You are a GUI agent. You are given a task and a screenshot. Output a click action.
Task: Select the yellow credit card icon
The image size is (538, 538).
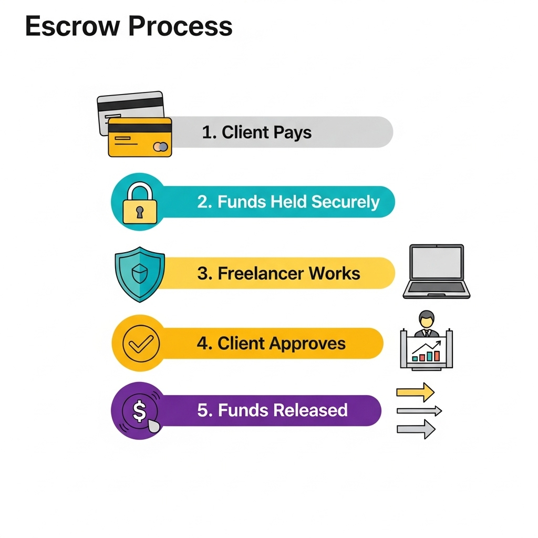(x=140, y=137)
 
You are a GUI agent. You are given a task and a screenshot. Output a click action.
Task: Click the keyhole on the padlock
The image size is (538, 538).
(x=139, y=212)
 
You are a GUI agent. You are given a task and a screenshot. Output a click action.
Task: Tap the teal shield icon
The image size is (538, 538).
(x=140, y=274)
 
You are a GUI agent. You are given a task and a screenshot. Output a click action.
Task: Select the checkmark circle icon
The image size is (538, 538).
(x=140, y=343)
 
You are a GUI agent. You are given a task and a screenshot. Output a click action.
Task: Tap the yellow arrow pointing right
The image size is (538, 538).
(x=415, y=392)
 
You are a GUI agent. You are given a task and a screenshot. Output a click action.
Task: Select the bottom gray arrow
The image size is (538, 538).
(x=416, y=429)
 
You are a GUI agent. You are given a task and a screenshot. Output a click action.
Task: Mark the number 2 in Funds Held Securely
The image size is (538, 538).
(x=203, y=202)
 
